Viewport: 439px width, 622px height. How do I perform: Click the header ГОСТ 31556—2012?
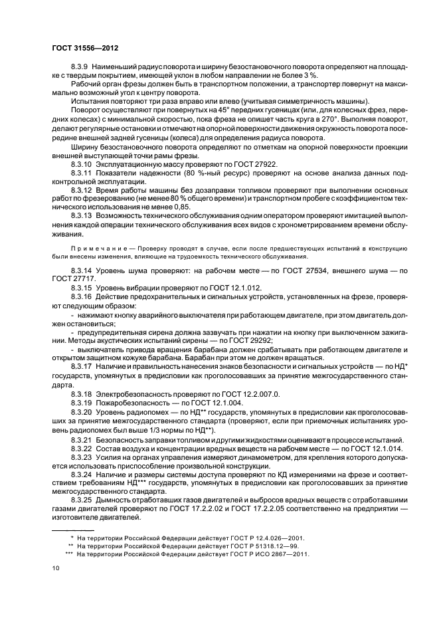(81, 48)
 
